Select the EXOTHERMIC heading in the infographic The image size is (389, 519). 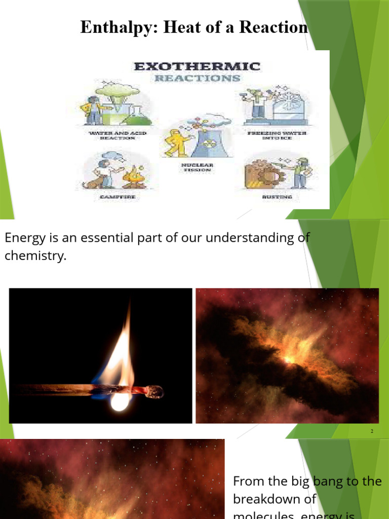pyautogui.click(x=197, y=66)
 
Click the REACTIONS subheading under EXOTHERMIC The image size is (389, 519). pyautogui.click(x=197, y=79)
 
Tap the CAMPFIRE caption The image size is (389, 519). pyautogui.click(x=109, y=197)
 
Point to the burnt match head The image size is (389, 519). pyautogui.click(x=153, y=391)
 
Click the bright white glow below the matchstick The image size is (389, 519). pyautogui.click(x=120, y=402)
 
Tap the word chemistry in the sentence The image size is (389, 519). pyautogui.click(x=35, y=256)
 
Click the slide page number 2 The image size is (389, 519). pyautogui.click(x=372, y=431)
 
